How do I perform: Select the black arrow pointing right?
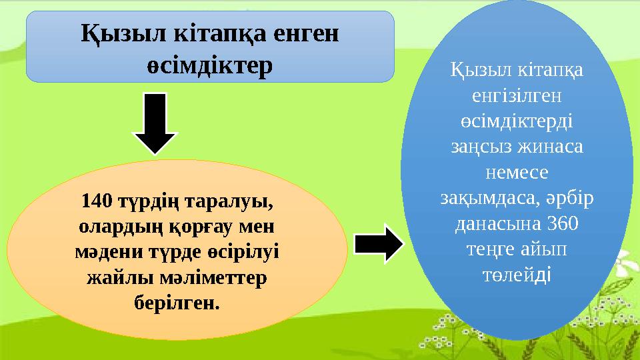click(x=378, y=243)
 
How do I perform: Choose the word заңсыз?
click(x=476, y=147)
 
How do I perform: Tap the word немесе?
click(x=516, y=173)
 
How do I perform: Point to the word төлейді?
click(x=516, y=275)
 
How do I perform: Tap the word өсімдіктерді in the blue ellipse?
click(x=516, y=121)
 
